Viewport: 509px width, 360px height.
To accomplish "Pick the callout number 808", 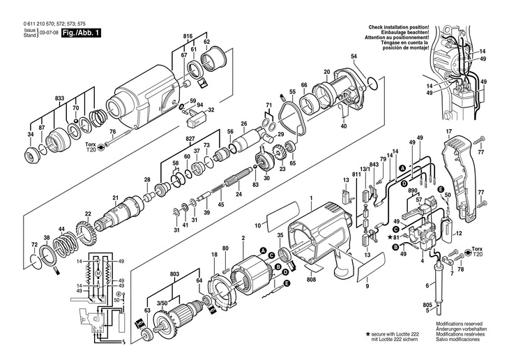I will (x=311, y=280).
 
